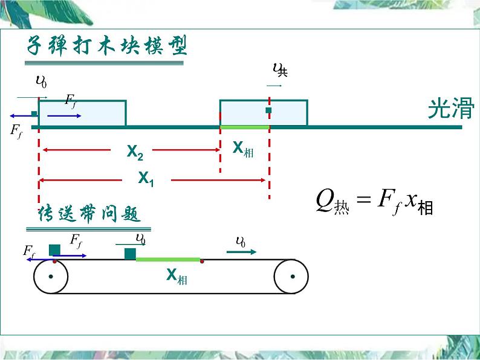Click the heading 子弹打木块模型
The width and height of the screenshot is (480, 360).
click(106, 46)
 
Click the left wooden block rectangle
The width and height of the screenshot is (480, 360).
click(82, 113)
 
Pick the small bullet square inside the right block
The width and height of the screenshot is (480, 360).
click(268, 111)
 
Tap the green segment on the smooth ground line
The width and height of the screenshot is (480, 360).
click(244, 127)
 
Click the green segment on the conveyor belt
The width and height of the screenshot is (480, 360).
click(167, 259)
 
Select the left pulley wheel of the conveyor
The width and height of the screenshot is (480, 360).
click(51, 277)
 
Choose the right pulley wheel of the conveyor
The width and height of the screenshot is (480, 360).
click(292, 277)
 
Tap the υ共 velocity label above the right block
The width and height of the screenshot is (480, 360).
click(280, 70)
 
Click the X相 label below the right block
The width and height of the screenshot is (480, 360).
click(243, 149)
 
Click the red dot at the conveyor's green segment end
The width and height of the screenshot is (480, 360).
click(203, 262)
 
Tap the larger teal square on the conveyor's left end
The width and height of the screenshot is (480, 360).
click(54, 250)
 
